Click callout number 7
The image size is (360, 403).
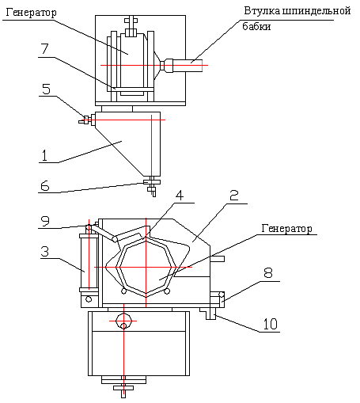[45, 48]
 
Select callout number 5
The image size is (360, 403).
[46, 89]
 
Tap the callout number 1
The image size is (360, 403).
[44, 155]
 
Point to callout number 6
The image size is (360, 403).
[45, 186]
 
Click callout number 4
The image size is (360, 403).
[180, 196]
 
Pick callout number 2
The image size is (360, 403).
[234, 196]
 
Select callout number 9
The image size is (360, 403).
[45, 221]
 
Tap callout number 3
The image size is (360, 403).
[45, 251]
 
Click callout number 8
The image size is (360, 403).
[268, 272]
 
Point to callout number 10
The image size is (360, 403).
[271, 324]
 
